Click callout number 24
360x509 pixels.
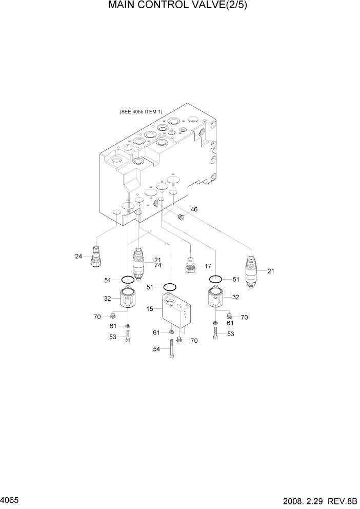78,257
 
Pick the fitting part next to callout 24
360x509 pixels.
95,257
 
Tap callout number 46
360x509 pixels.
194,209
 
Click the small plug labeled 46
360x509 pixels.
181,217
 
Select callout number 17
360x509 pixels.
208,266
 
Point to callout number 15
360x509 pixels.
150,309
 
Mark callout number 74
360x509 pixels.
157,265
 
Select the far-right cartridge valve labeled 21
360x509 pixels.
251,272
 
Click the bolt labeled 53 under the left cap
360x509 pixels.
128,336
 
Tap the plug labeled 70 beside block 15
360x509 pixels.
179,340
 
